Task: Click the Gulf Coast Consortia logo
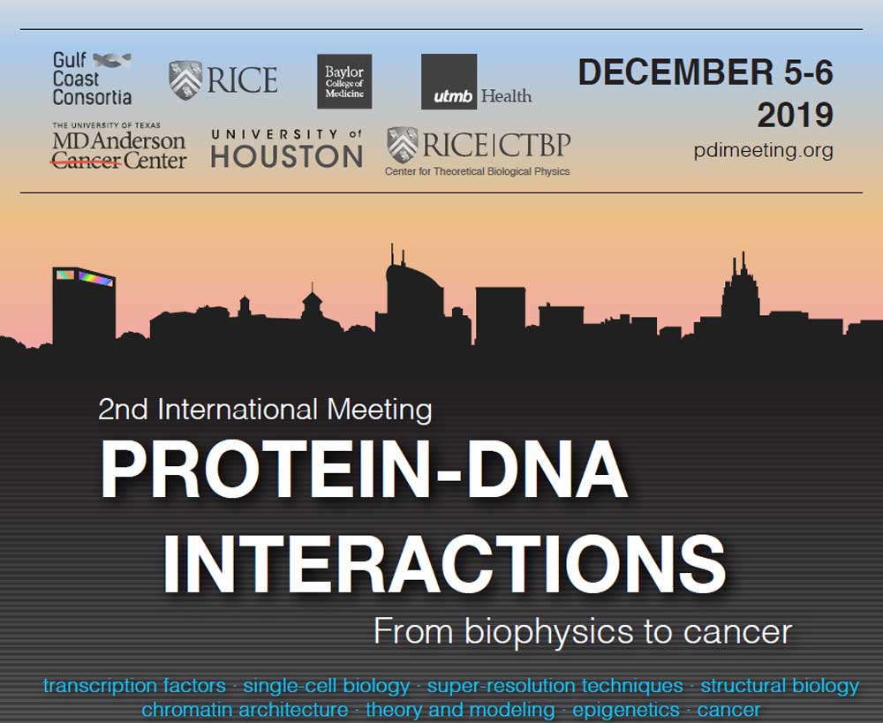[x=93, y=79]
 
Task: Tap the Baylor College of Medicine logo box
[x=344, y=81]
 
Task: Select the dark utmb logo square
[x=449, y=81]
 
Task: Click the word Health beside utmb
[x=506, y=96]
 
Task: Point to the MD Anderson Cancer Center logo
[x=119, y=147]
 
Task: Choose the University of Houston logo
[x=287, y=148]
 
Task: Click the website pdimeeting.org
[x=763, y=150]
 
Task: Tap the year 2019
[x=795, y=115]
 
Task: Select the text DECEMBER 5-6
[x=706, y=72]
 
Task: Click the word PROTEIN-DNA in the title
[x=364, y=470]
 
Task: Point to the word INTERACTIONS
[x=445, y=564]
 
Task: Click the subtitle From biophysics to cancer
[x=583, y=632]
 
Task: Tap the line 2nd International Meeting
[x=265, y=410]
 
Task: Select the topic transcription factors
[x=134, y=686]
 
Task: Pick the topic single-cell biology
[x=327, y=687]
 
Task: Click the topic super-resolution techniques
[x=555, y=687]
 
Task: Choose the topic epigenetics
[x=626, y=710]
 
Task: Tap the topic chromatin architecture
[x=245, y=710]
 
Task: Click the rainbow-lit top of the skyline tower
[x=85, y=276]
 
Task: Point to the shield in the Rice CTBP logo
[x=403, y=145]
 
